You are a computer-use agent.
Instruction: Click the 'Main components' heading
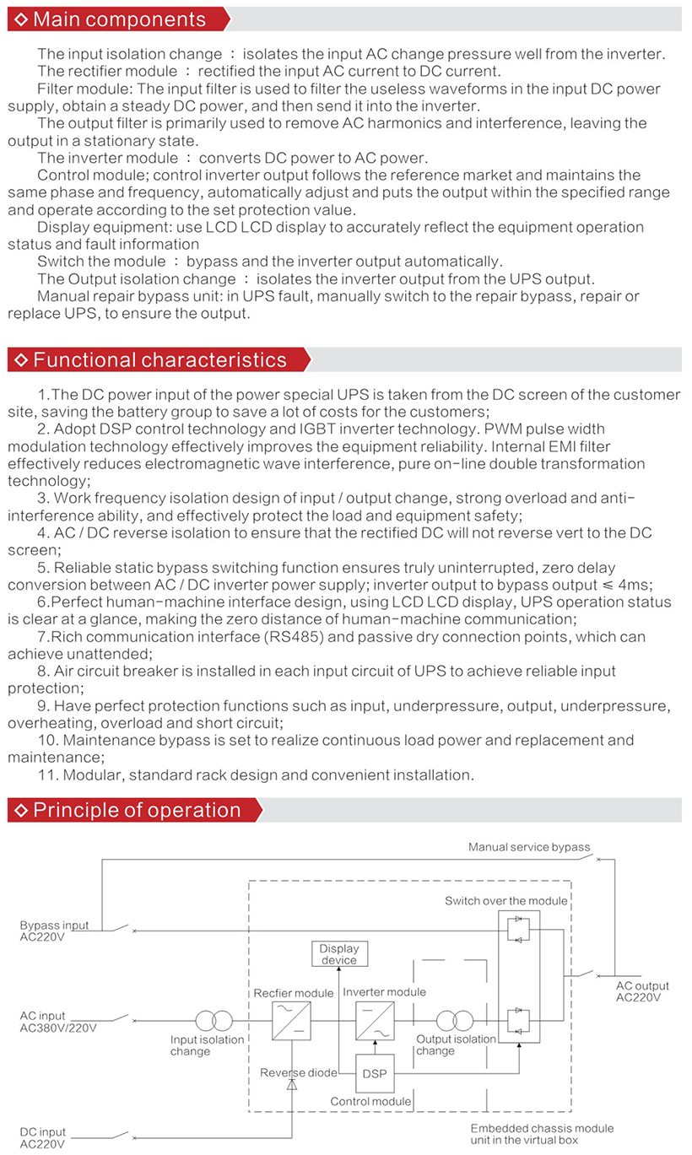click(119, 19)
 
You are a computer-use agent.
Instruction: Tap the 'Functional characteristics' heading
click(159, 359)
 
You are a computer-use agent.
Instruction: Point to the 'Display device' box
click(339, 954)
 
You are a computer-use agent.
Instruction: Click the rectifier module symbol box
click(291, 1020)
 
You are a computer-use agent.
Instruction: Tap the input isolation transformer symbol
click(214, 1020)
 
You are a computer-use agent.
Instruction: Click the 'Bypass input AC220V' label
click(54, 931)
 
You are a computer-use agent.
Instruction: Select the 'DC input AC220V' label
click(42, 1137)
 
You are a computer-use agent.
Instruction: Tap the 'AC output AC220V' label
click(642, 991)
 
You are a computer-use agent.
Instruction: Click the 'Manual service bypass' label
click(529, 847)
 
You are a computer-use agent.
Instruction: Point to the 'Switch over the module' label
click(506, 901)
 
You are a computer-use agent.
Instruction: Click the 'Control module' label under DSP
click(370, 1101)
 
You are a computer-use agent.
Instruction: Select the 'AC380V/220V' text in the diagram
click(58, 1027)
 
